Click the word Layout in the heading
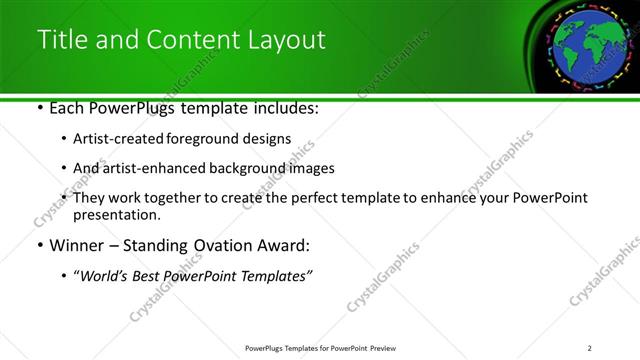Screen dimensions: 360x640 (288, 41)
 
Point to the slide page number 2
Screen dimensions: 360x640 (590, 348)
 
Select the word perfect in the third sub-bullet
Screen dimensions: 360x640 (299, 198)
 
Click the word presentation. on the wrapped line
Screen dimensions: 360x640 (116, 214)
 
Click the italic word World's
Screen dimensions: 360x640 (103, 275)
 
